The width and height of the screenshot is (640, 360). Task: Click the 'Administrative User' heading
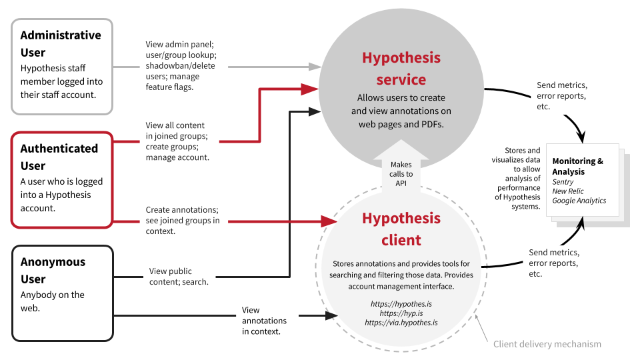pos(61,43)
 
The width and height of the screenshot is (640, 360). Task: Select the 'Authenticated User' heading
pos(59,157)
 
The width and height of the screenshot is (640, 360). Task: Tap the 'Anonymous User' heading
pos(53,270)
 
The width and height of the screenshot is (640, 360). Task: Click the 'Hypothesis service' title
pos(401,69)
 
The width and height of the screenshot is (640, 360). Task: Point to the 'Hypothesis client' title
pos(401,229)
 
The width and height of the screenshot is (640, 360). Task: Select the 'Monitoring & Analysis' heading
pos(578,166)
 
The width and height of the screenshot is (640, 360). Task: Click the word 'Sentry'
pos(563,181)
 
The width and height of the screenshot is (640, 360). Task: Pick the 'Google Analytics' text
pos(579,201)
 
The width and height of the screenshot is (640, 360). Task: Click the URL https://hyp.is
pos(401,313)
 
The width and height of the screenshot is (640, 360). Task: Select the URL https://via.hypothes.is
pos(401,323)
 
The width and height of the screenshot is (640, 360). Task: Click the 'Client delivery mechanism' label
pos(547,344)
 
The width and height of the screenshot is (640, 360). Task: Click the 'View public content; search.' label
pos(179,276)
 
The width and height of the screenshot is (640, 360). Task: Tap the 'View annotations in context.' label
pos(264,320)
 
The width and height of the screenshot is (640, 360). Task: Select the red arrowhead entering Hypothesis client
pos(329,221)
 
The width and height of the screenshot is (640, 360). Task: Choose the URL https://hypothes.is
pos(401,303)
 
